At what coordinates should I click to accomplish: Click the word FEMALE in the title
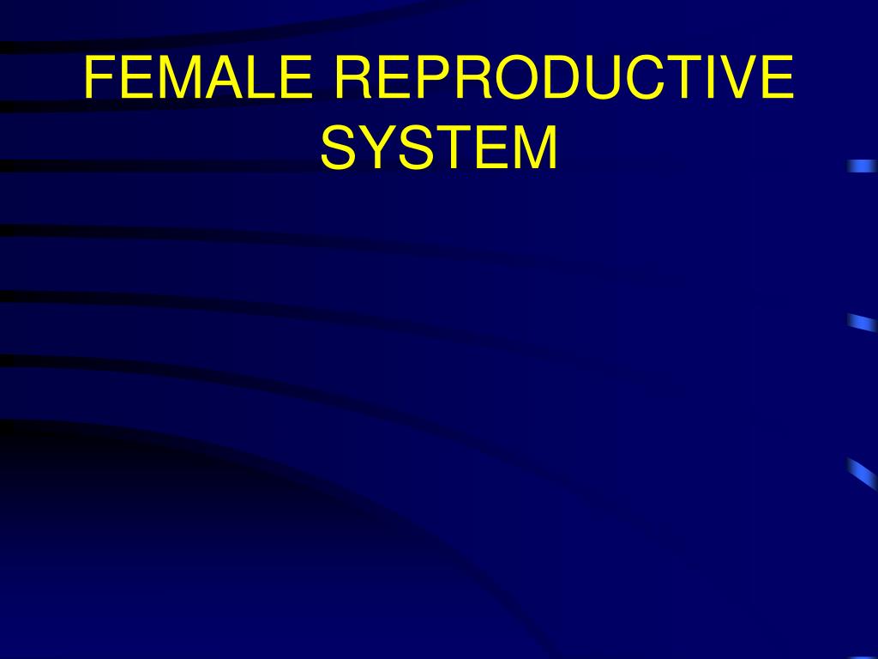(x=198, y=78)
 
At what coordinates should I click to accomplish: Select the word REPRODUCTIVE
(x=563, y=78)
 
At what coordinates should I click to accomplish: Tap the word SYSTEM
(x=439, y=147)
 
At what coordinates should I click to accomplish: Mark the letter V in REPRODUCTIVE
(x=739, y=78)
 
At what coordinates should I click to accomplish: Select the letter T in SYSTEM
(x=456, y=147)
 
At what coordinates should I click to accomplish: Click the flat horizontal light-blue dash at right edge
(x=862, y=166)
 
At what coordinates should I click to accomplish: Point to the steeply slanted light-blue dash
(x=862, y=473)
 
